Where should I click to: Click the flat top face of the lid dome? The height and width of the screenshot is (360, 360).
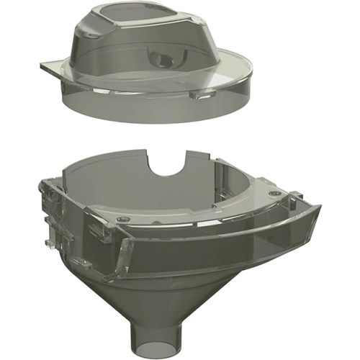pyautogui.click(x=134, y=19)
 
